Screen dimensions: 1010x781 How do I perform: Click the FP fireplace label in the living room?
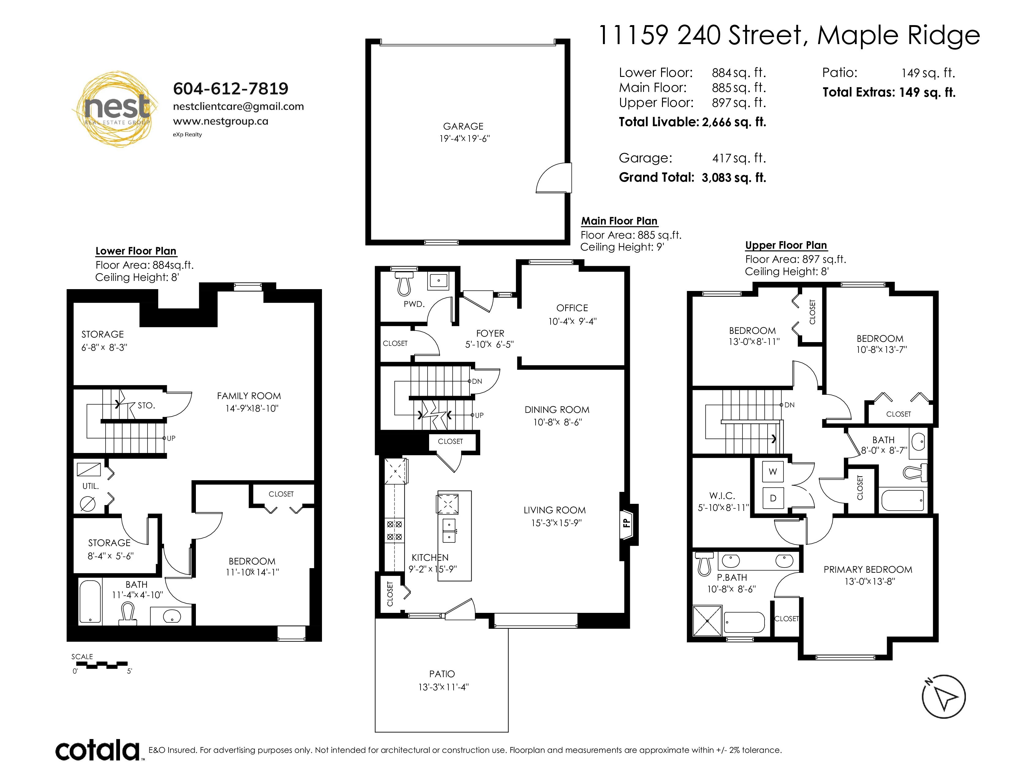[626, 523]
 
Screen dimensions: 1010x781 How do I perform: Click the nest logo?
[116, 109]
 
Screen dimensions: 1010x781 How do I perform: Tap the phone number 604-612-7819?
[230, 89]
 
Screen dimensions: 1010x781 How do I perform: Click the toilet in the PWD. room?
[404, 284]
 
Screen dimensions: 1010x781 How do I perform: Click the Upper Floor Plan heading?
[786, 245]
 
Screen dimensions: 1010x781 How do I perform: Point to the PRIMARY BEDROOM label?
[868, 570]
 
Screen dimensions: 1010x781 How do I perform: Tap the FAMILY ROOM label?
[249, 396]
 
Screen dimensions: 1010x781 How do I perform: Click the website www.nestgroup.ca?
[221, 121]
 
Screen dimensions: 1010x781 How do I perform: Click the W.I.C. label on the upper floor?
[722, 496]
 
